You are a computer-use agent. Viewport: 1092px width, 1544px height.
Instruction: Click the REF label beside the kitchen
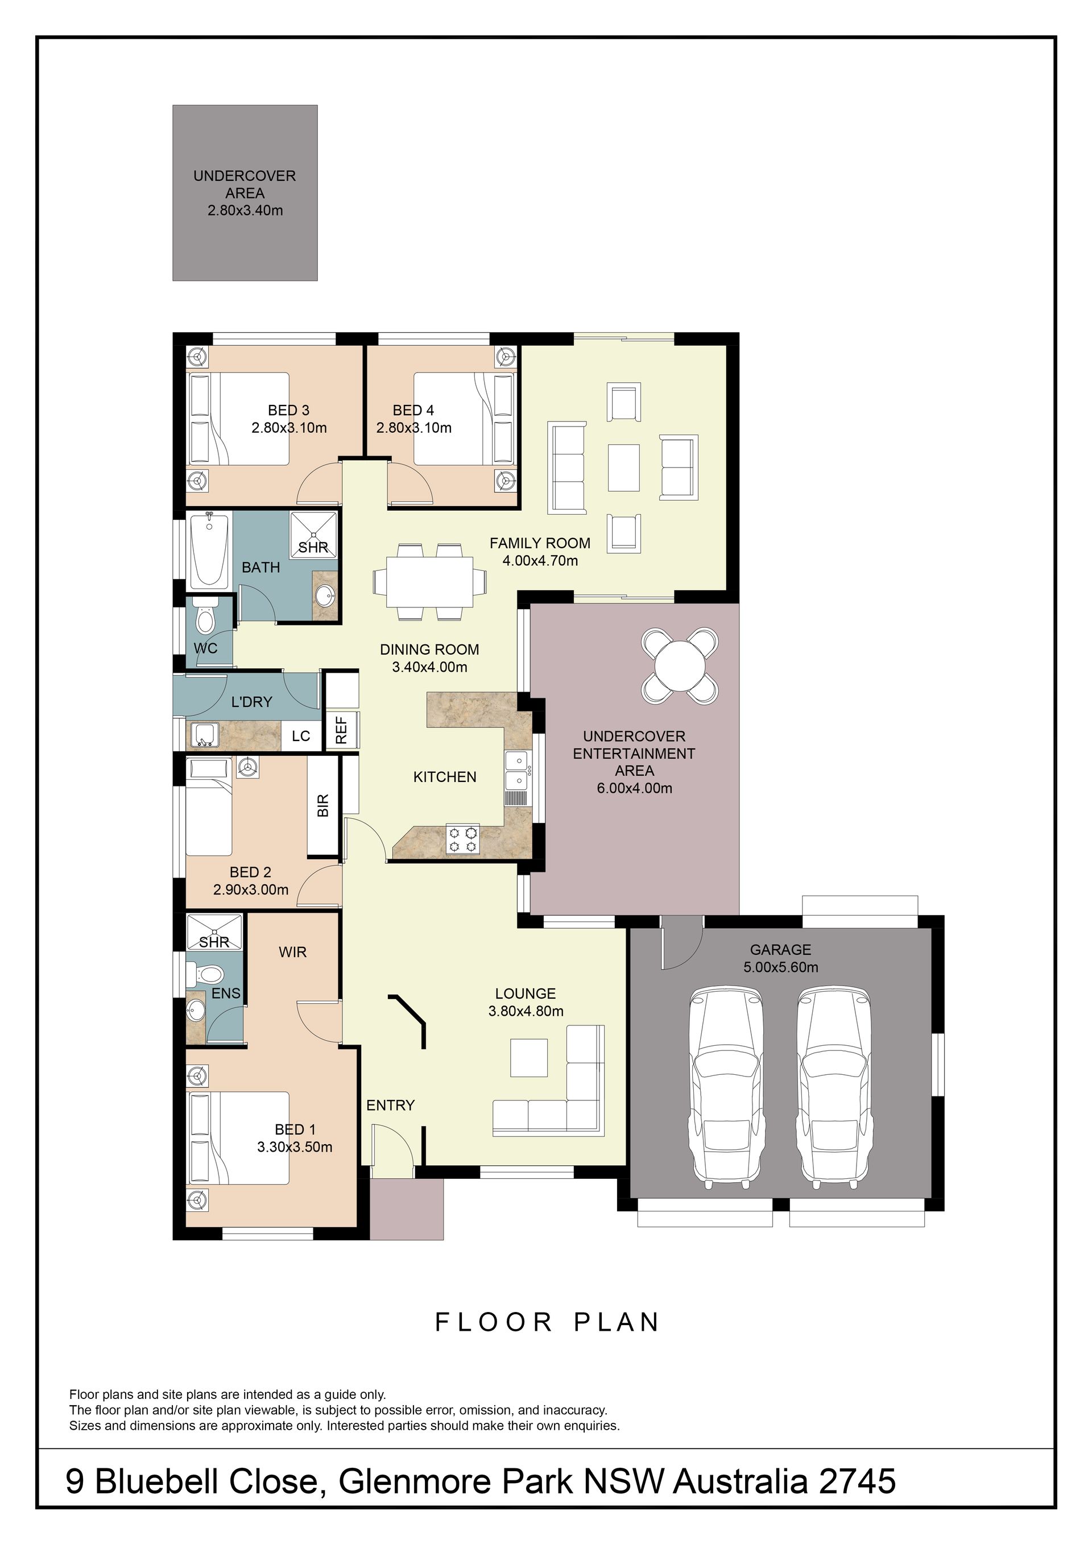tap(341, 730)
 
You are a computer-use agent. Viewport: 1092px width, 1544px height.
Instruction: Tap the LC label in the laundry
tap(300, 736)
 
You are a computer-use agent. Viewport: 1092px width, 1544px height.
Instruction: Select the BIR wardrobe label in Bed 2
tap(322, 805)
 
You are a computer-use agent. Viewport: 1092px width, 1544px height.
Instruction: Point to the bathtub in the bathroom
tap(209, 549)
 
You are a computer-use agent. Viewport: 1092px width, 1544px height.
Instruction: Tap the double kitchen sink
tap(517, 771)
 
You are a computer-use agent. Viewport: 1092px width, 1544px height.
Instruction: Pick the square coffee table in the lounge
tap(529, 1058)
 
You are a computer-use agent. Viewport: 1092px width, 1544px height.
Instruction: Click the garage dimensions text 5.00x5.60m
tap(781, 967)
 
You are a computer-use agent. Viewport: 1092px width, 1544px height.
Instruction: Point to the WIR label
tap(292, 951)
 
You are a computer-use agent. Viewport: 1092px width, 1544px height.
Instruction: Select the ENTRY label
tap(391, 1105)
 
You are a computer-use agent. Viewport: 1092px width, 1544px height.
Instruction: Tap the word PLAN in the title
tap(617, 1322)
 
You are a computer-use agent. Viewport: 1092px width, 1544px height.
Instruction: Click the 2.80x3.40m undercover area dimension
tap(245, 210)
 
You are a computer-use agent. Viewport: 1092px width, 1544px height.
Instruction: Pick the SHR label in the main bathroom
tap(313, 548)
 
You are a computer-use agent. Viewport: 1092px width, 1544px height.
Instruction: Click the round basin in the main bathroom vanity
tap(326, 595)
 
